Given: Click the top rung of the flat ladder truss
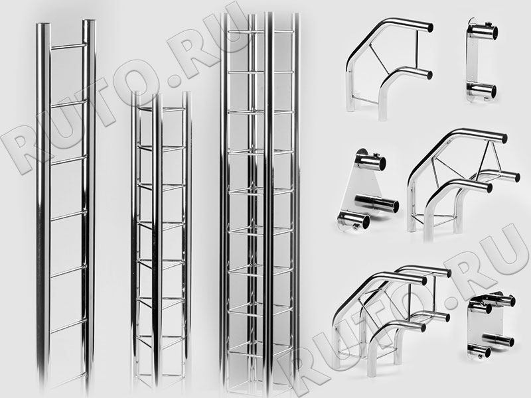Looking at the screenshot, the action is [68, 46].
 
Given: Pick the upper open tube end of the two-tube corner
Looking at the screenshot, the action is [428, 27].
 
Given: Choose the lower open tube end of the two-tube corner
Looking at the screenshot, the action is [427, 74].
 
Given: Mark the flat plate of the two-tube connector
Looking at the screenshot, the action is [474, 62].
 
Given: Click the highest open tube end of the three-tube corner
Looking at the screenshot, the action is [502, 138].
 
